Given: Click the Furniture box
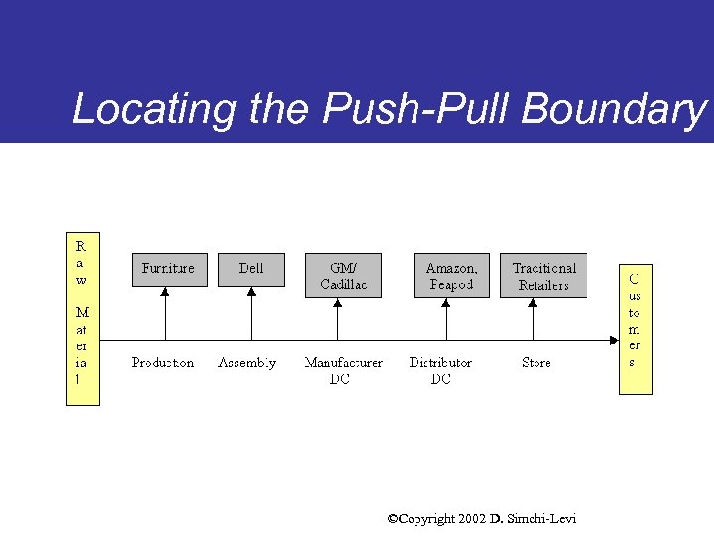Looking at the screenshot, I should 169,269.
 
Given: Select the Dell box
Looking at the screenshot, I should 251,269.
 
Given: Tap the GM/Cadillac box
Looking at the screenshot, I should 343,276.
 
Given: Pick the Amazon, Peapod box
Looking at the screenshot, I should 451,276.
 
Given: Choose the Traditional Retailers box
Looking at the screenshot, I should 543,276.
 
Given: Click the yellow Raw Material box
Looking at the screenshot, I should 83,319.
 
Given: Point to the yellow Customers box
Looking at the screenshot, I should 635,329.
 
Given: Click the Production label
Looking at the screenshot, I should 163,363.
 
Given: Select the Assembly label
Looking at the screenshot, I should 247,363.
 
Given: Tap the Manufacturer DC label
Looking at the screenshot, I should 343,370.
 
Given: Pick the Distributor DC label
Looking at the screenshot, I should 440,370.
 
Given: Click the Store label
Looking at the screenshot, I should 536,363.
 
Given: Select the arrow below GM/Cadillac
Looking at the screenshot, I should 339,320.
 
